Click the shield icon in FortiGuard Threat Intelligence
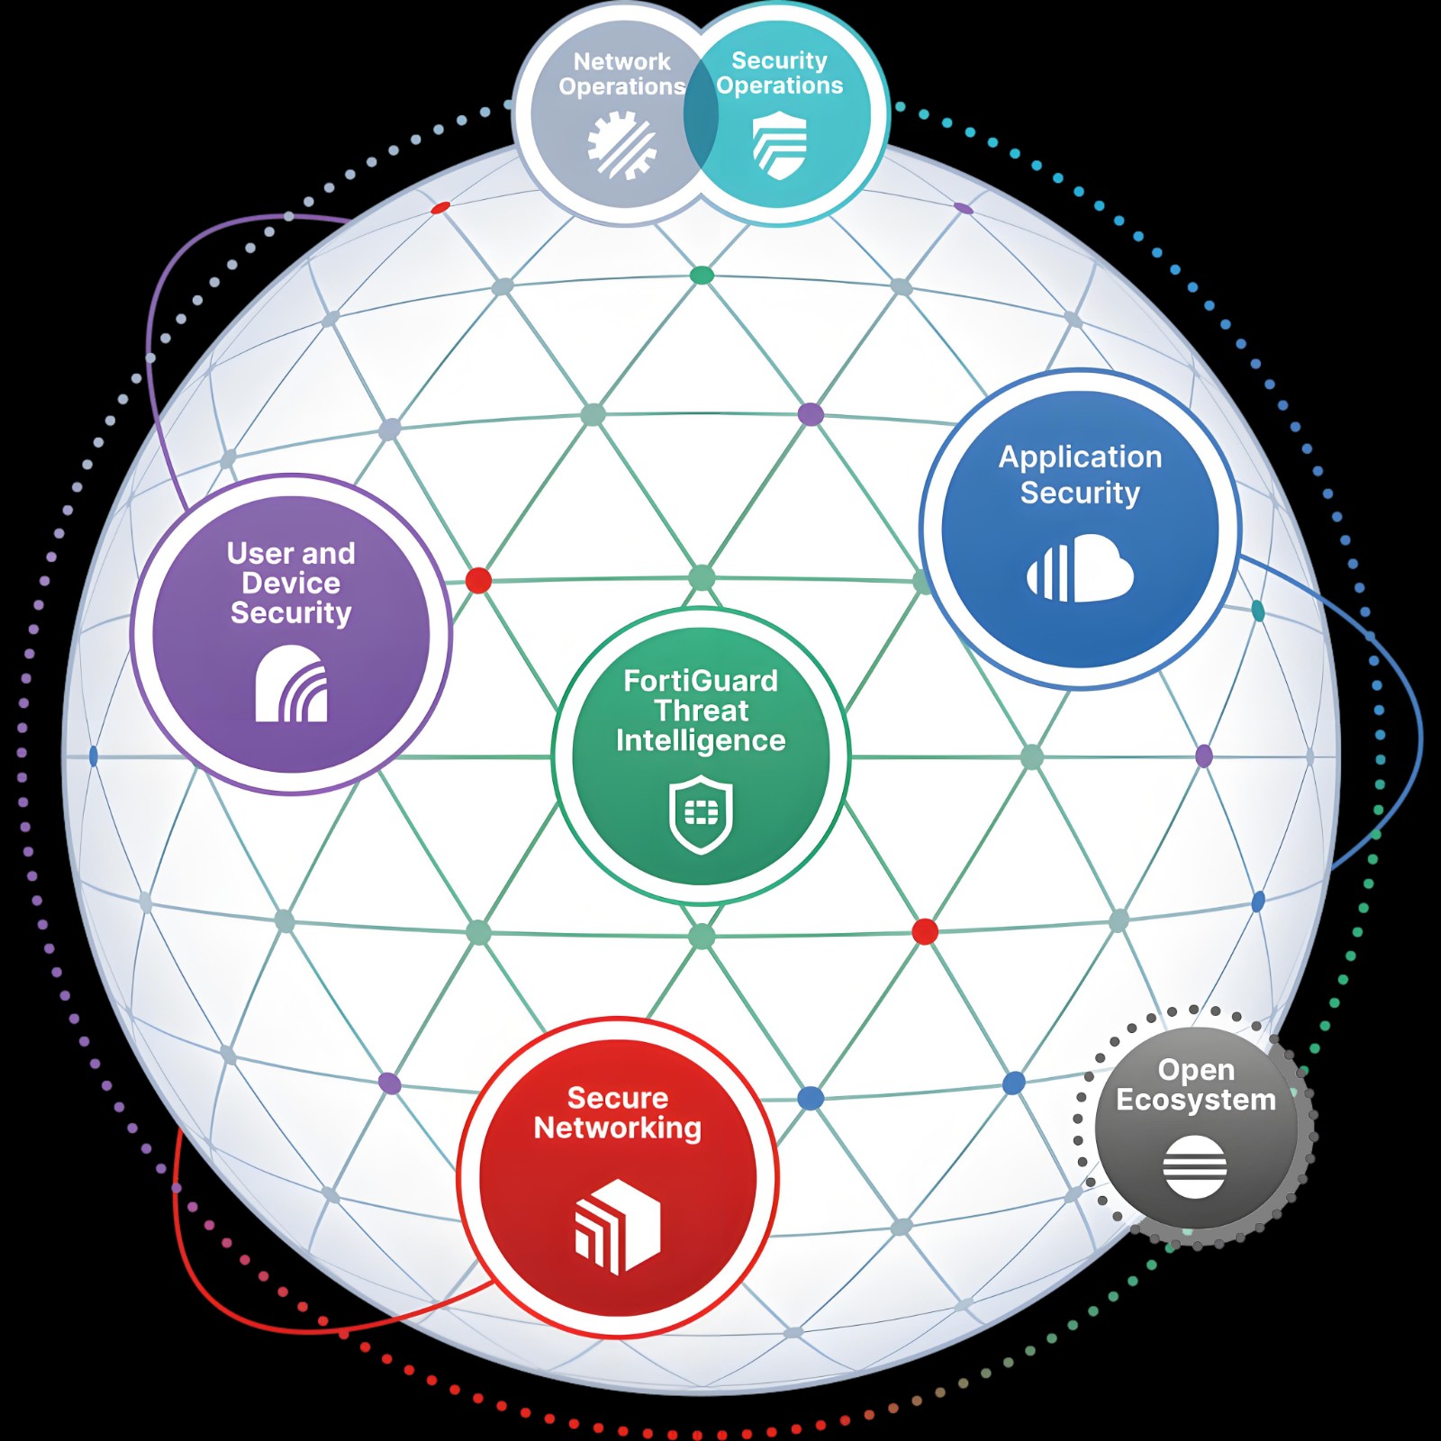pos(701,815)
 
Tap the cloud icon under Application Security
pos(1080,567)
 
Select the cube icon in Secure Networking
pos(618,1226)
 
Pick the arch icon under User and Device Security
pos(291,684)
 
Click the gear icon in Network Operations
pos(621,144)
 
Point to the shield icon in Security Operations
pos(780,145)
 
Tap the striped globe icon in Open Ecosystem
pos(1194,1166)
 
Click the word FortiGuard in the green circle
pos(701,681)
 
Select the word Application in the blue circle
pos(1080,458)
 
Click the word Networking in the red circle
pos(618,1128)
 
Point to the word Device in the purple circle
pos(291,583)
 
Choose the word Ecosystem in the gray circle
pos(1196,1101)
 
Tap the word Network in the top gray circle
pos(621,61)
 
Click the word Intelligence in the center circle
pos(701,741)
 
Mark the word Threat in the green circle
pos(701,711)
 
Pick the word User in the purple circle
pos(260,553)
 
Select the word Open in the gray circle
pos(1196,1071)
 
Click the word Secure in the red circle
pos(618,1098)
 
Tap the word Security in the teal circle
pos(779,60)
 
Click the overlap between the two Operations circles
pos(701,114)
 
